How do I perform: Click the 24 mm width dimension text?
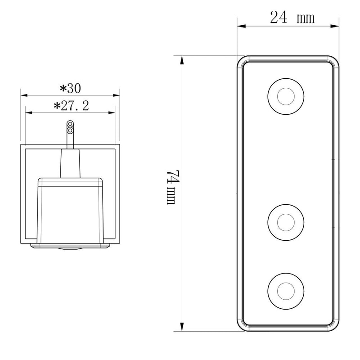click(292, 18)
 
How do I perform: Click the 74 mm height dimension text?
click(171, 187)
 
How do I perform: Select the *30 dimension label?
click(70, 87)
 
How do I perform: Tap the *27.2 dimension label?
click(71, 106)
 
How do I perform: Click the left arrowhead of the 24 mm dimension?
click(241, 26)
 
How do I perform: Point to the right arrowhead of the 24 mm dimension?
click(336, 26)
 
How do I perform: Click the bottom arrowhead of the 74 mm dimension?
click(182, 328)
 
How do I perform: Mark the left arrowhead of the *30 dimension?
click(24, 95)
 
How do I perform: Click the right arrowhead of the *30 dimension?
click(117, 95)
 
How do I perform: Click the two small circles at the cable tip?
click(70, 127)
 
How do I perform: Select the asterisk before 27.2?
click(57, 106)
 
